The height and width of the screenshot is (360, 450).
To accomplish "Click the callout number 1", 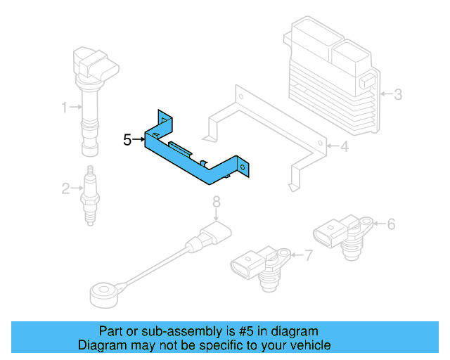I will click(x=64, y=108).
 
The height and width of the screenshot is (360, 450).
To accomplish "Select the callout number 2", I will click(x=65, y=188).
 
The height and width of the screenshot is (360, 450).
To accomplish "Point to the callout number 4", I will click(x=345, y=147).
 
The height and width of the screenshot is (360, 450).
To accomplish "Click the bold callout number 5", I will click(x=127, y=140).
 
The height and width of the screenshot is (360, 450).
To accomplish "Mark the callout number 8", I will click(x=217, y=202).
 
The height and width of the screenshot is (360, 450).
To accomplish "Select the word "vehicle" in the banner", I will click(x=308, y=345).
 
